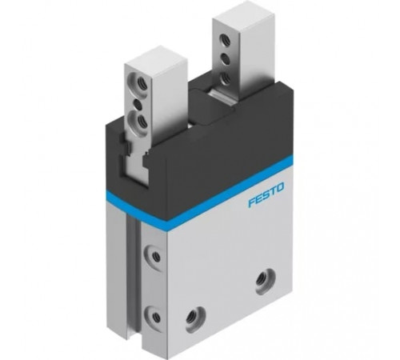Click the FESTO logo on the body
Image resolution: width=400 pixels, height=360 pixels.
tap(266, 194)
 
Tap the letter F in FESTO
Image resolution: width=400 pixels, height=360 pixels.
tap(252, 202)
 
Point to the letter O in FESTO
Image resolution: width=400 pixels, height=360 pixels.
tap(279, 187)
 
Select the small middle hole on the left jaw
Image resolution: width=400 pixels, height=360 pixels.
tap(138, 105)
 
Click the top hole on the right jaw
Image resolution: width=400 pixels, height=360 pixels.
tap(223, 40)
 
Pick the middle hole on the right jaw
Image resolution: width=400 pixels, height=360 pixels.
tap(224, 58)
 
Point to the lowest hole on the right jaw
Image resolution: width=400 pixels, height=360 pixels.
tap(226, 78)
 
